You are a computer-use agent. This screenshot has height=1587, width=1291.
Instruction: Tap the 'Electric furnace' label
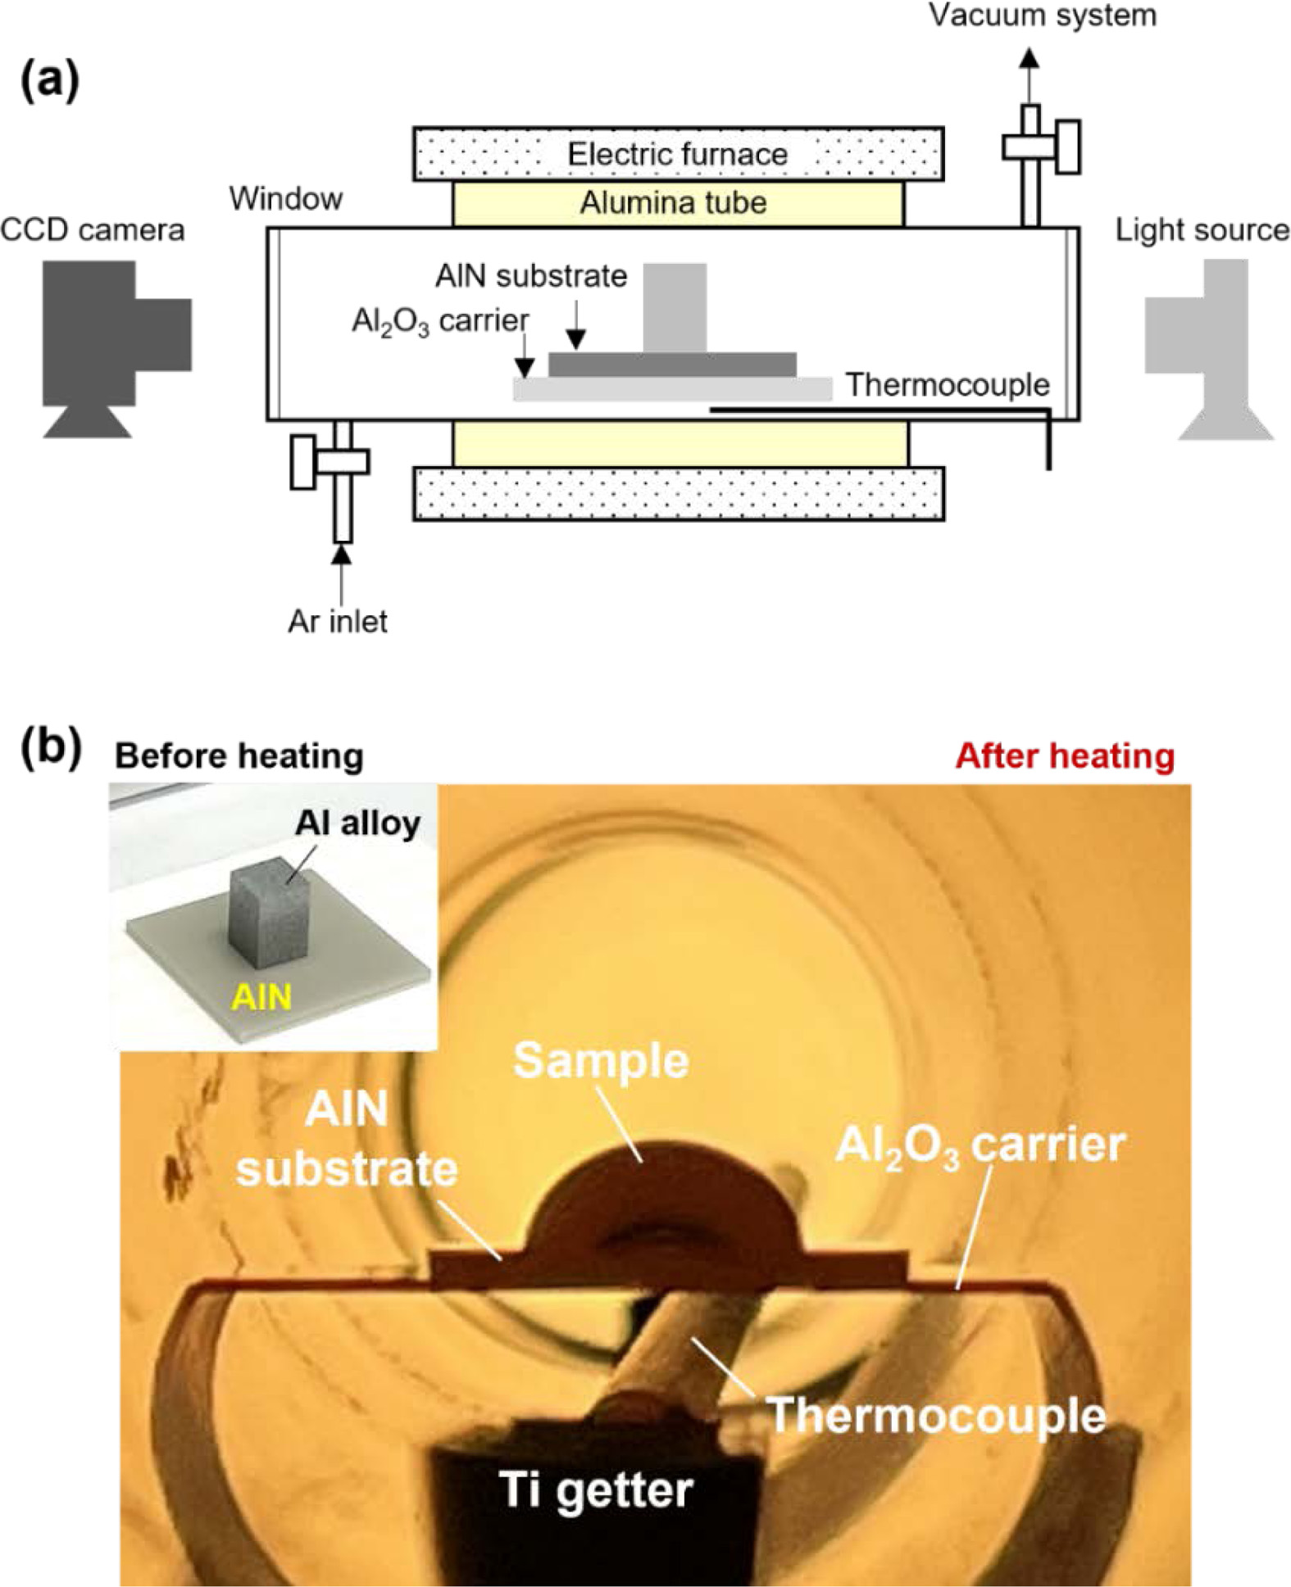click(x=678, y=154)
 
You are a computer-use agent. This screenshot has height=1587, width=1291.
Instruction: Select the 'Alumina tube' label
click(x=673, y=202)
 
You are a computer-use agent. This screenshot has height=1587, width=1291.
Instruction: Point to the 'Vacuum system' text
click(x=1042, y=15)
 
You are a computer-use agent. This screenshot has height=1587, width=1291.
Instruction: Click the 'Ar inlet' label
click(x=337, y=621)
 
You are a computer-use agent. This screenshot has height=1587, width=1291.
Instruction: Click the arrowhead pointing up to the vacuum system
click(x=1030, y=58)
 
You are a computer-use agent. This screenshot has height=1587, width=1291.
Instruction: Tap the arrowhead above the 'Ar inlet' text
click(x=342, y=554)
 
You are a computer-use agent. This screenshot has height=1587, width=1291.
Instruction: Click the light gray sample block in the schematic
click(x=674, y=307)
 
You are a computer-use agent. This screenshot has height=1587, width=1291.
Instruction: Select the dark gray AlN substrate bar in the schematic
click(x=672, y=365)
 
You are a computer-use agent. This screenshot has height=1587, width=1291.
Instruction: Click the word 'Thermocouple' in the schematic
click(x=948, y=384)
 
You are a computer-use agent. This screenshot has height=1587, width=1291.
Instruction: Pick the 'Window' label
click(x=286, y=198)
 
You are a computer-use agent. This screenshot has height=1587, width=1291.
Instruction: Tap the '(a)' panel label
click(x=50, y=82)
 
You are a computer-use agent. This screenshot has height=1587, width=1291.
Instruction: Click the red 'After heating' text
click(x=1065, y=755)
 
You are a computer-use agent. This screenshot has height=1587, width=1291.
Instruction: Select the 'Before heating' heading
click(x=239, y=755)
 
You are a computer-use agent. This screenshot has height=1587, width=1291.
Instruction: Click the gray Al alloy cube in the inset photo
click(x=268, y=909)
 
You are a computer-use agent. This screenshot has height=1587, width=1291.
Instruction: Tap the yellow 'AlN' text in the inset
click(x=261, y=997)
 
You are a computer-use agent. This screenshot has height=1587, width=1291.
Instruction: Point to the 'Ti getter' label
click(x=596, y=1489)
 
